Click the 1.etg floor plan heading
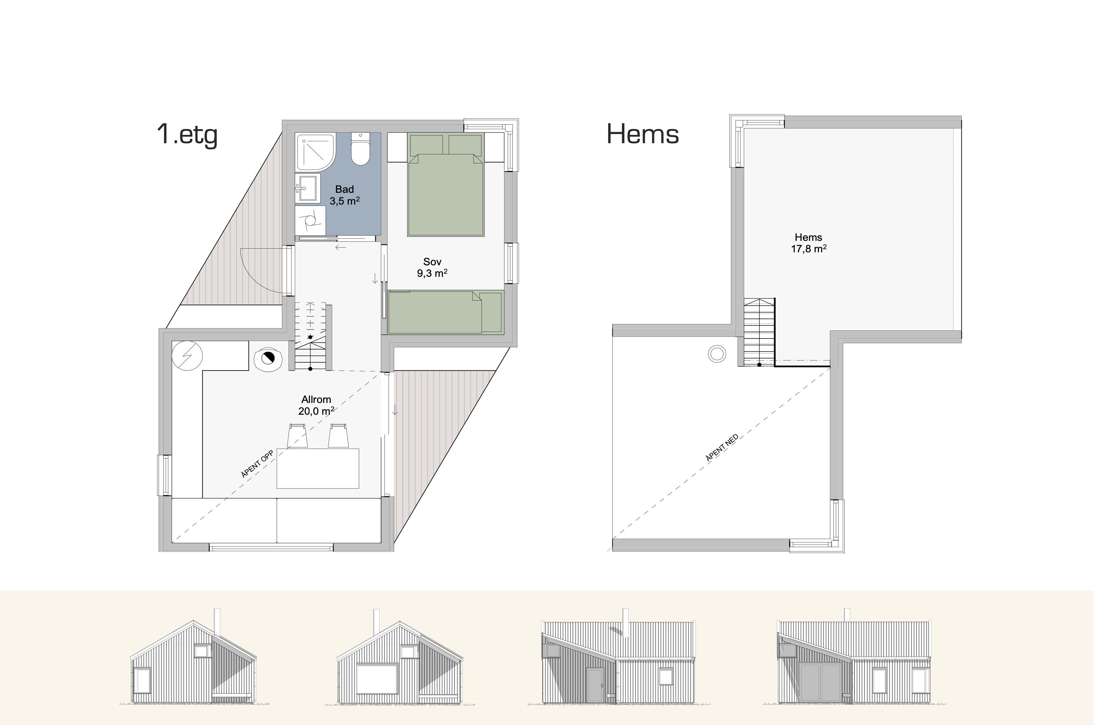187,135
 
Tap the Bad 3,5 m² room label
344,195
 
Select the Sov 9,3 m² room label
432,267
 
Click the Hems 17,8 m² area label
808,243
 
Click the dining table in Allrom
318,468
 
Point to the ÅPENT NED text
722,448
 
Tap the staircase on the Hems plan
759,332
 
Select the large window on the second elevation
377,679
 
